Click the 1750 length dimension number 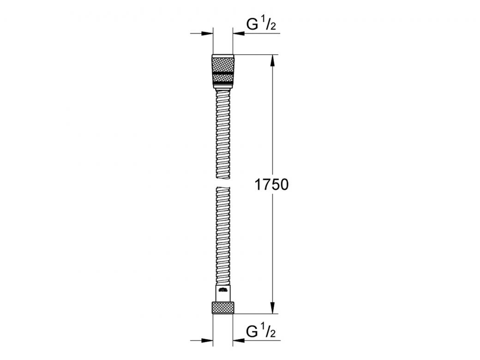click(271, 185)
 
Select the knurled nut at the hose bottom click(223, 308)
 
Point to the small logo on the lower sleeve click(223, 290)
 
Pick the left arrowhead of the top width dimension click(208, 33)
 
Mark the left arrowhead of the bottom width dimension click(208, 341)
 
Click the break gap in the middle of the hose click(223, 182)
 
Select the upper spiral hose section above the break click(223, 134)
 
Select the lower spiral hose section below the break click(223, 235)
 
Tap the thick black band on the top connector click(223, 73)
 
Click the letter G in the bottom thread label click(252, 331)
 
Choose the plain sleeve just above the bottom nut click(223, 294)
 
